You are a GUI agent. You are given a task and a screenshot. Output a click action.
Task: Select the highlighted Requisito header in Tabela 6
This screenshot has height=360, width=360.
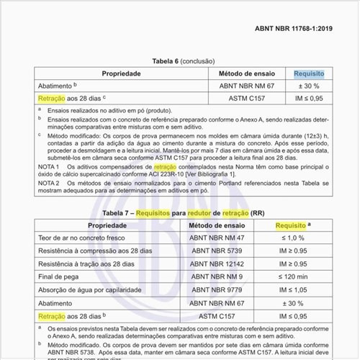point(309,73)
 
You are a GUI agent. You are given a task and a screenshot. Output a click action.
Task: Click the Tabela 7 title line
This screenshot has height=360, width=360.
point(179,213)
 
